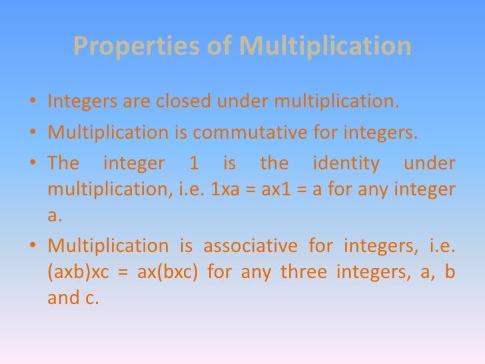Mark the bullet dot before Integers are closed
[x=33, y=103]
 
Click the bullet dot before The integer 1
[x=33, y=163]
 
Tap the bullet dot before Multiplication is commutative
[x=33, y=133]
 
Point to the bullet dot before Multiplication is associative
[x=33, y=246]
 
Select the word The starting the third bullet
[x=63, y=163]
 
